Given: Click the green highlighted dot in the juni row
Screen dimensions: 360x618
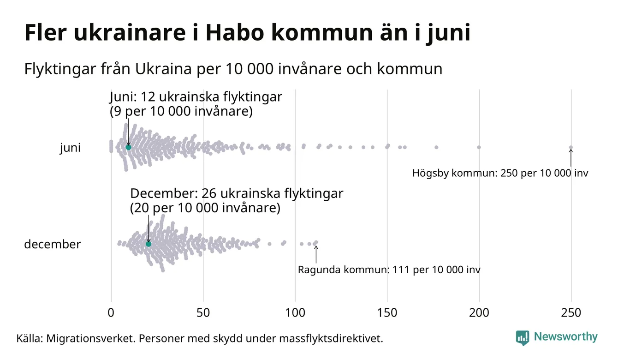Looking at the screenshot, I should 128,147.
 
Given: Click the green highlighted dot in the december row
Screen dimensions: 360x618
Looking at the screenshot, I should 149,244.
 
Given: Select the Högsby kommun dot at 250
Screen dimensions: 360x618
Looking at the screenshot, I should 571,148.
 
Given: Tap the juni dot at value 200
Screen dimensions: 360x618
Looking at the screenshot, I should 479,147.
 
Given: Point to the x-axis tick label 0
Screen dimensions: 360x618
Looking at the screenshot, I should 111,313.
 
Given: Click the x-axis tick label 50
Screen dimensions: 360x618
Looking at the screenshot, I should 203,313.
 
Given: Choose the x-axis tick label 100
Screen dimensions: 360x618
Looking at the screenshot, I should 295,313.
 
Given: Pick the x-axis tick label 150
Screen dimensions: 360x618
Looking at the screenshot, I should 387,313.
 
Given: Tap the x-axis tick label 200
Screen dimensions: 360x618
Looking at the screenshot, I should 479,313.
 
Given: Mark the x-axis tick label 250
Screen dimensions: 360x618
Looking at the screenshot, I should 571,313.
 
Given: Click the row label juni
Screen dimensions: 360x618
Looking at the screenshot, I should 70,148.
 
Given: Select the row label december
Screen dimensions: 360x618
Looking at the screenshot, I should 52,244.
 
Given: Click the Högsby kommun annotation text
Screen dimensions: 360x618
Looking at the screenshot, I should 500,174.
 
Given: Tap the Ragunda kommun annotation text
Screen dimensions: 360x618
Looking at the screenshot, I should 389,270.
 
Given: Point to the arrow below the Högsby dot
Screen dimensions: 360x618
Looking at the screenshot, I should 571,158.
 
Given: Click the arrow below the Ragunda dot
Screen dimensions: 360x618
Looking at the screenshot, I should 316,254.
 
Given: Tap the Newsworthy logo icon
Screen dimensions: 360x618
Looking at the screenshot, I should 523,337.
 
